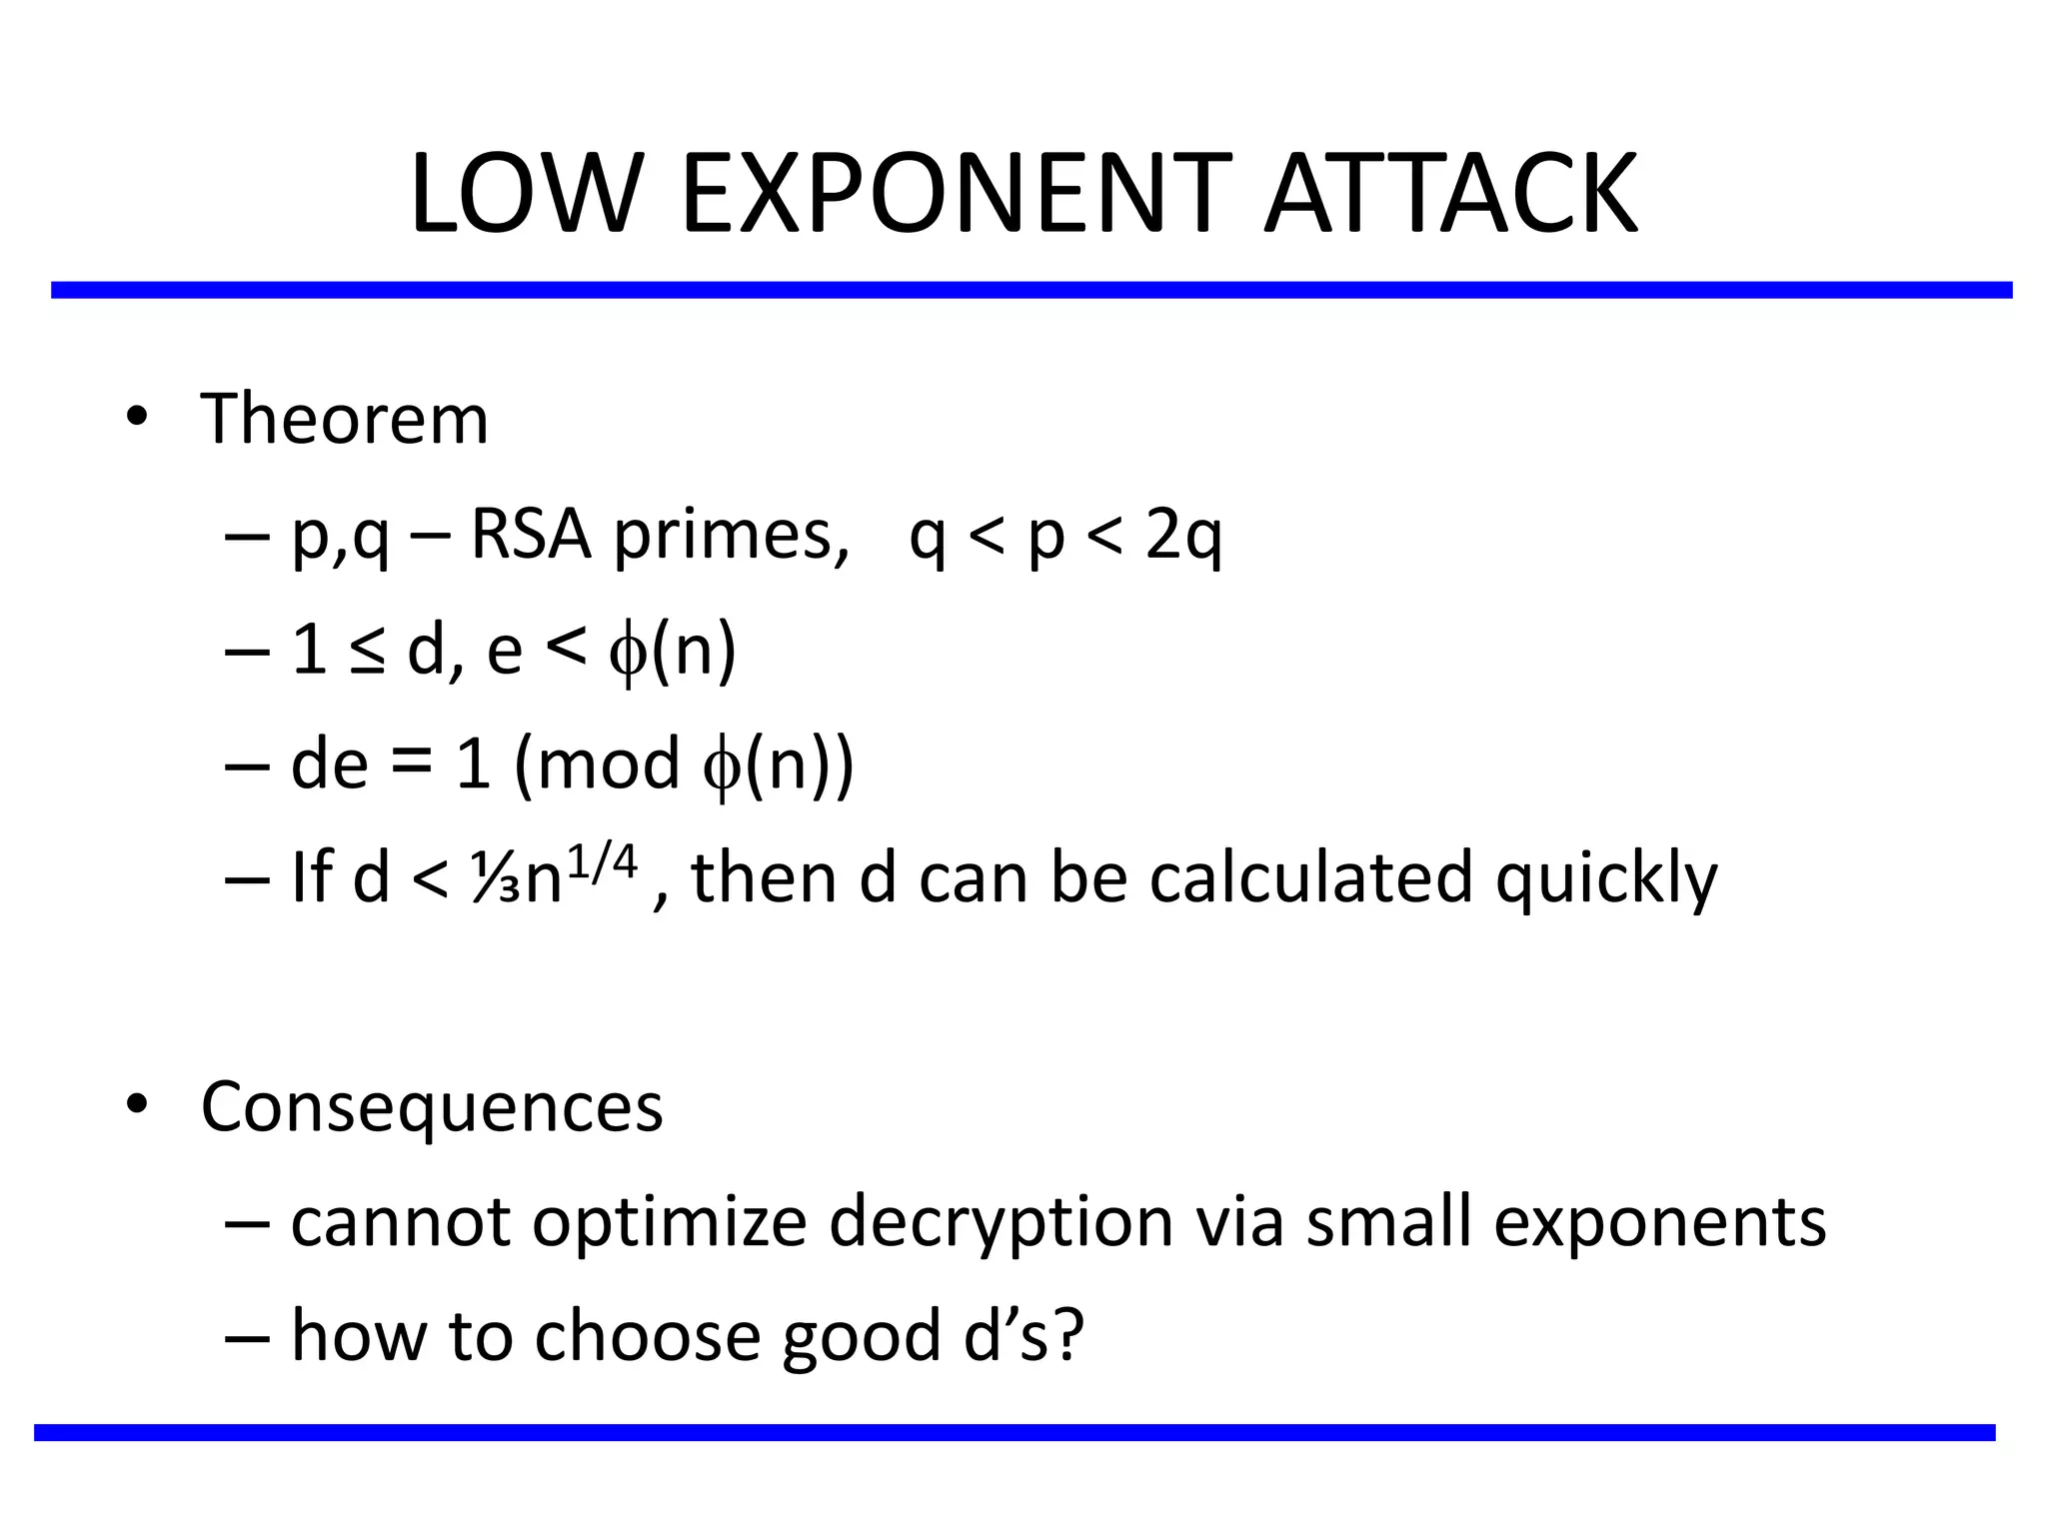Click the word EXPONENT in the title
(x=955, y=195)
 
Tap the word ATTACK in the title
(x=1451, y=195)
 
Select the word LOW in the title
(x=525, y=195)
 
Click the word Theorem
(x=345, y=420)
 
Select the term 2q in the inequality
(x=1183, y=537)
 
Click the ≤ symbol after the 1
(x=367, y=652)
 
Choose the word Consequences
(x=432, y=1107)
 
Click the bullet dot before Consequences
(x=137, y=1104)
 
